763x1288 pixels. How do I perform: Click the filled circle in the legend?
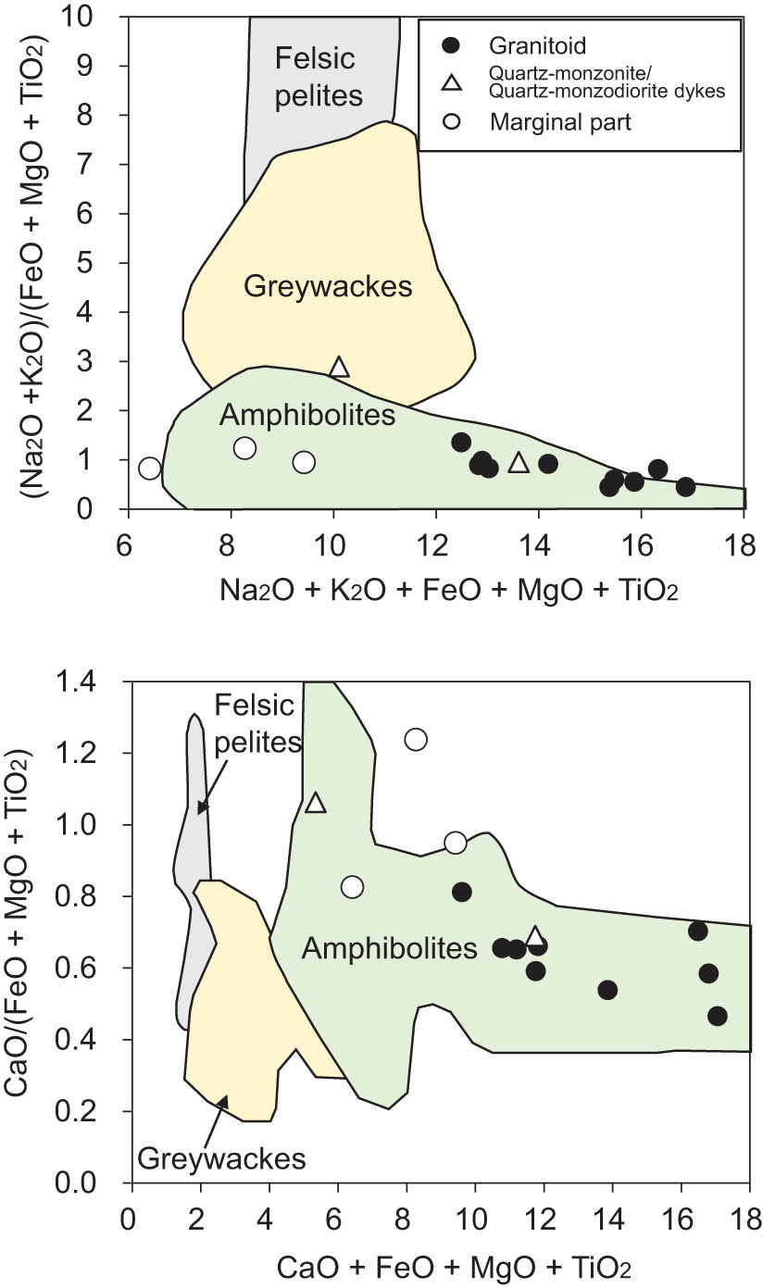pyautogui.click(x=451, y=44)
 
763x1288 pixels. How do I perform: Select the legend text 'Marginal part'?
pyautogui.click(x=561, y=121)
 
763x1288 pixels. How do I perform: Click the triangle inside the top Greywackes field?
pyautogui.click(x=339, y=368)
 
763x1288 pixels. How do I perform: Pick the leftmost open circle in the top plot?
pyautogui.click(x=150, y=469)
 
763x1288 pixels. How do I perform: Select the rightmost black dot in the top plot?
pyautogui.click(x=685, y=487)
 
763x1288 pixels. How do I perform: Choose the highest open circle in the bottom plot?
pyautogui.click(x=415, y=739)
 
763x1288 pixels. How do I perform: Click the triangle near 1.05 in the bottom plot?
pyautogui.click(x=316, y=803)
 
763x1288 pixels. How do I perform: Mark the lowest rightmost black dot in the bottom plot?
pyautogui.click(x=717, y=1016)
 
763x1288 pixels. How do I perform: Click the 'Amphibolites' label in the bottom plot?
pyautogui.click(x=389, y=947)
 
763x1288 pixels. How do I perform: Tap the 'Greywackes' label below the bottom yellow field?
pyautogui.click(x=221, y=1157)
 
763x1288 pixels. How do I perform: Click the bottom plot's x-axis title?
pyautogui.click(x=439, y=1266)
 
